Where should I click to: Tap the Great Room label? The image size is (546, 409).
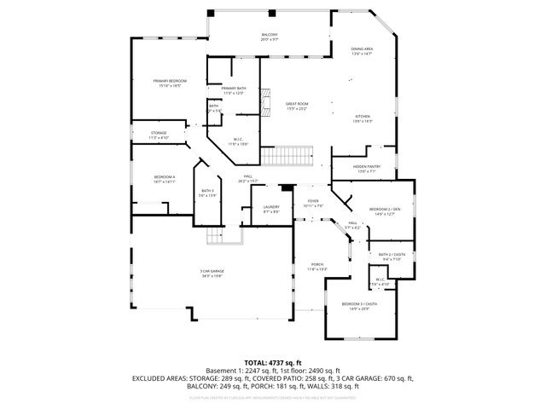click(296, 104)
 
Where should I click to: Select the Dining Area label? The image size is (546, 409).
click(363, 49)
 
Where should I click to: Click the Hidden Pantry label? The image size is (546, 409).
click(367, 167)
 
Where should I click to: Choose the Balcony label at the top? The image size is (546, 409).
click(270, 34)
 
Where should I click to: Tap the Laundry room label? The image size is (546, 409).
click(271, 207)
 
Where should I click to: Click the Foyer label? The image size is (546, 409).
click(313, 202)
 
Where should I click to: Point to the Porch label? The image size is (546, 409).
click(317, 265)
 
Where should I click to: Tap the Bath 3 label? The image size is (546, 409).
click(207, 192)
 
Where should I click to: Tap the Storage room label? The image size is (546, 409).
click(160, 134)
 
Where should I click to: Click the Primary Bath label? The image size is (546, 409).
click(233, 89)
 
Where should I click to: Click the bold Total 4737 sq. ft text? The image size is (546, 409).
click(273, 361)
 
